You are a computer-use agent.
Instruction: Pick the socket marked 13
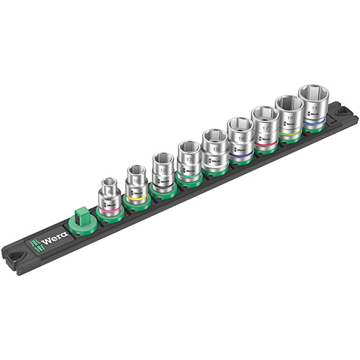coord(189,156)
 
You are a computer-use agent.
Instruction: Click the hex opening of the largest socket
coord(314,91)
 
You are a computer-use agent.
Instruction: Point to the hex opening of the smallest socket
coord(109,183)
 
